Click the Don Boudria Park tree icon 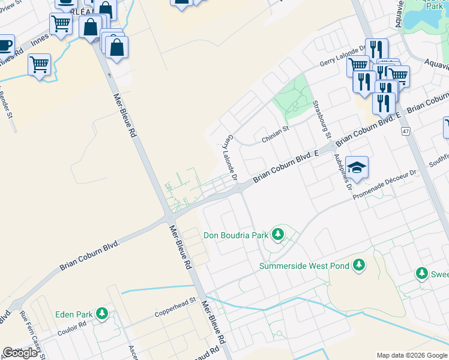click(277, 234)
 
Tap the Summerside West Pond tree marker click(359, 265)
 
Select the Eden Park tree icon click(103, 313)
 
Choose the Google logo click(20, 353)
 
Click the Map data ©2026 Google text click(411, 355)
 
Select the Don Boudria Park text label click(236, 235)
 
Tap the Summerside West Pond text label click(304, 265)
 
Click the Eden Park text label click(74, 314)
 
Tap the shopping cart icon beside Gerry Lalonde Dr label click(358, 64)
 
